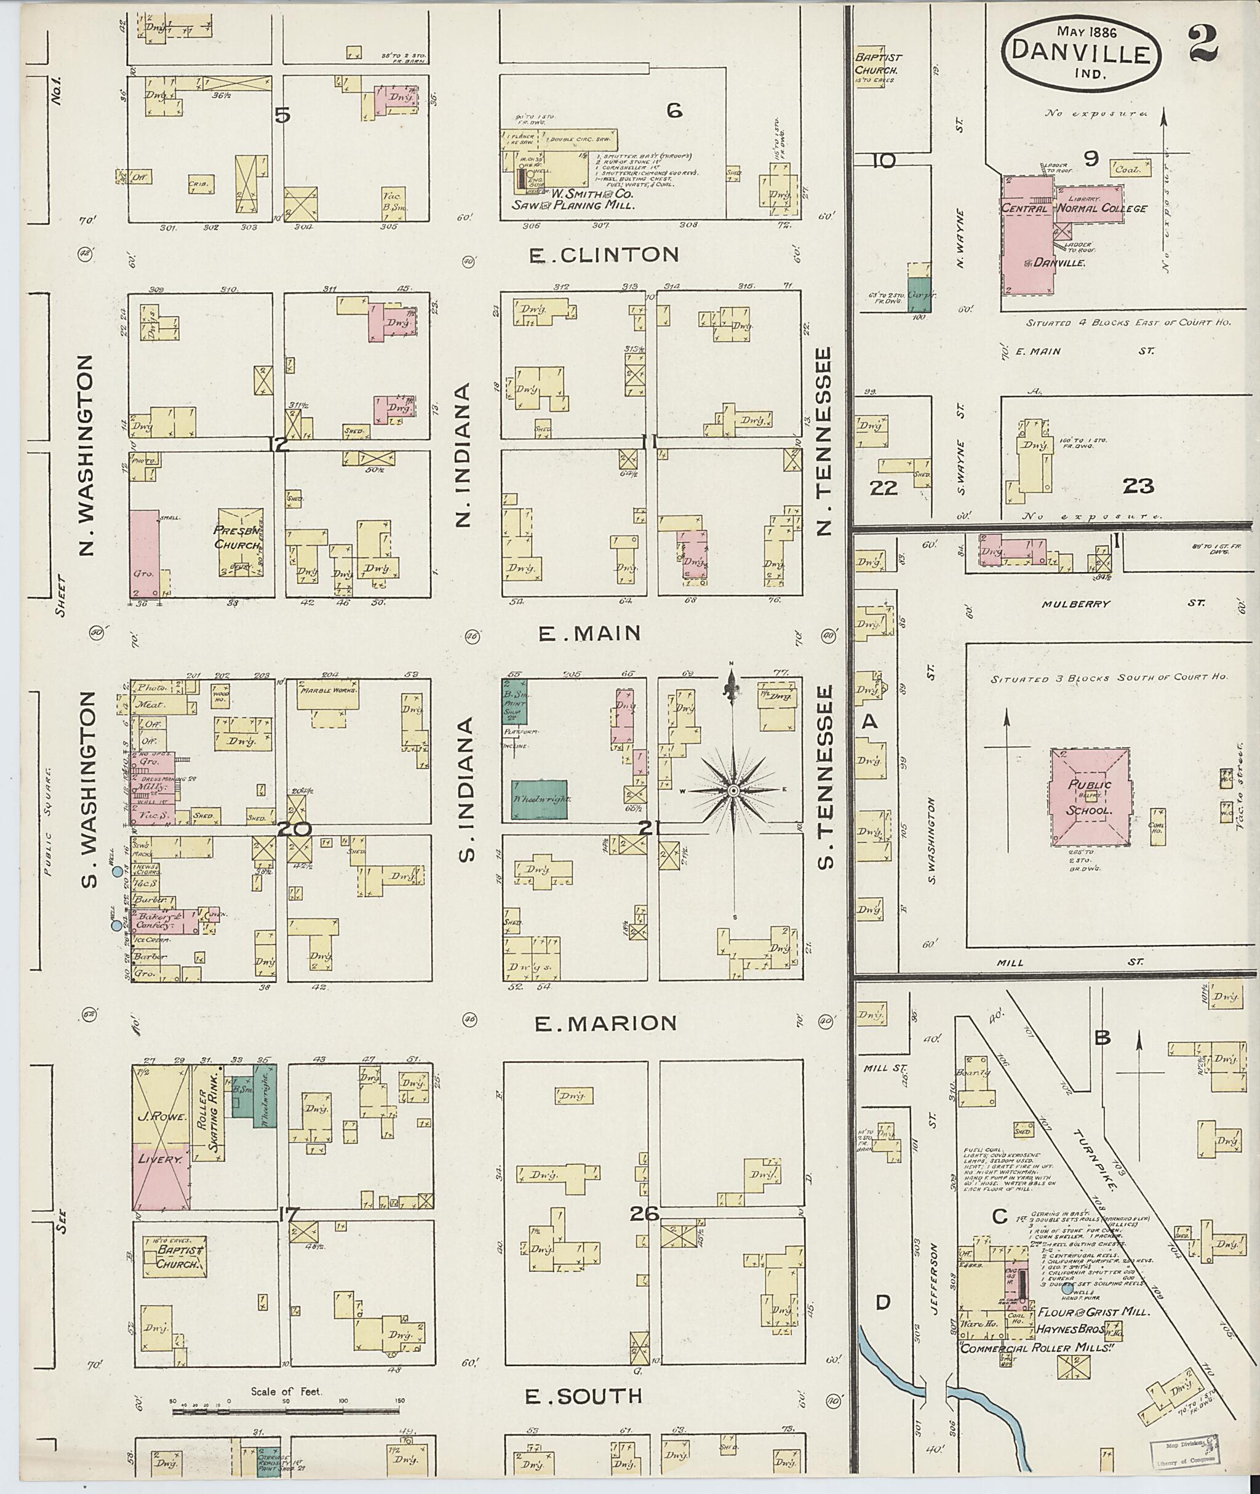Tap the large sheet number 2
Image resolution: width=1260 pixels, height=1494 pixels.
click(1204, 44)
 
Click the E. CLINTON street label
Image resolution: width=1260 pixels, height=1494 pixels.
click(604, 254)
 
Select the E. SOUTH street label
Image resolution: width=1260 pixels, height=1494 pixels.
click(584, 1396)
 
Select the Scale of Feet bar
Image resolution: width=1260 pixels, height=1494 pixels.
click(285, 1410)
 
